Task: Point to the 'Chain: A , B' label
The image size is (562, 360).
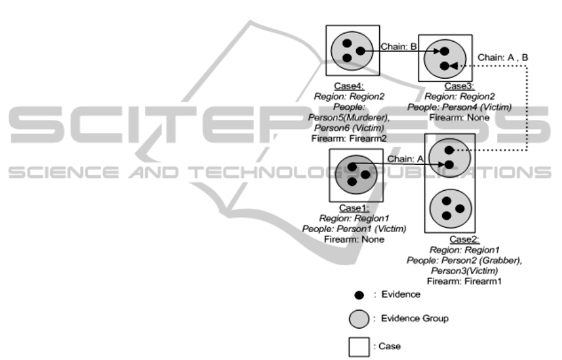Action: [x=503, y=57]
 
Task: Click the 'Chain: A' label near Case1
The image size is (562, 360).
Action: [x=405, y=159]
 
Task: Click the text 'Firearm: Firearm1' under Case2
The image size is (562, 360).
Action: [x=464, y=281]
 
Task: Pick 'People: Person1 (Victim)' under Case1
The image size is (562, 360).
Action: [x=354, y=229]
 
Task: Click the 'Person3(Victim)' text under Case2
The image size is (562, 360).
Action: [x=465, y=271]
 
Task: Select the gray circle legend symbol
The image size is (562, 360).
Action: [x=359, y=319]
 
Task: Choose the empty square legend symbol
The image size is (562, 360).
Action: [x=359, y=346]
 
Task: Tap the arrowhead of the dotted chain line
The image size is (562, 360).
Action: [x=452, y=66]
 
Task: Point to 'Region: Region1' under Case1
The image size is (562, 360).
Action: [x=354, y=218]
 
